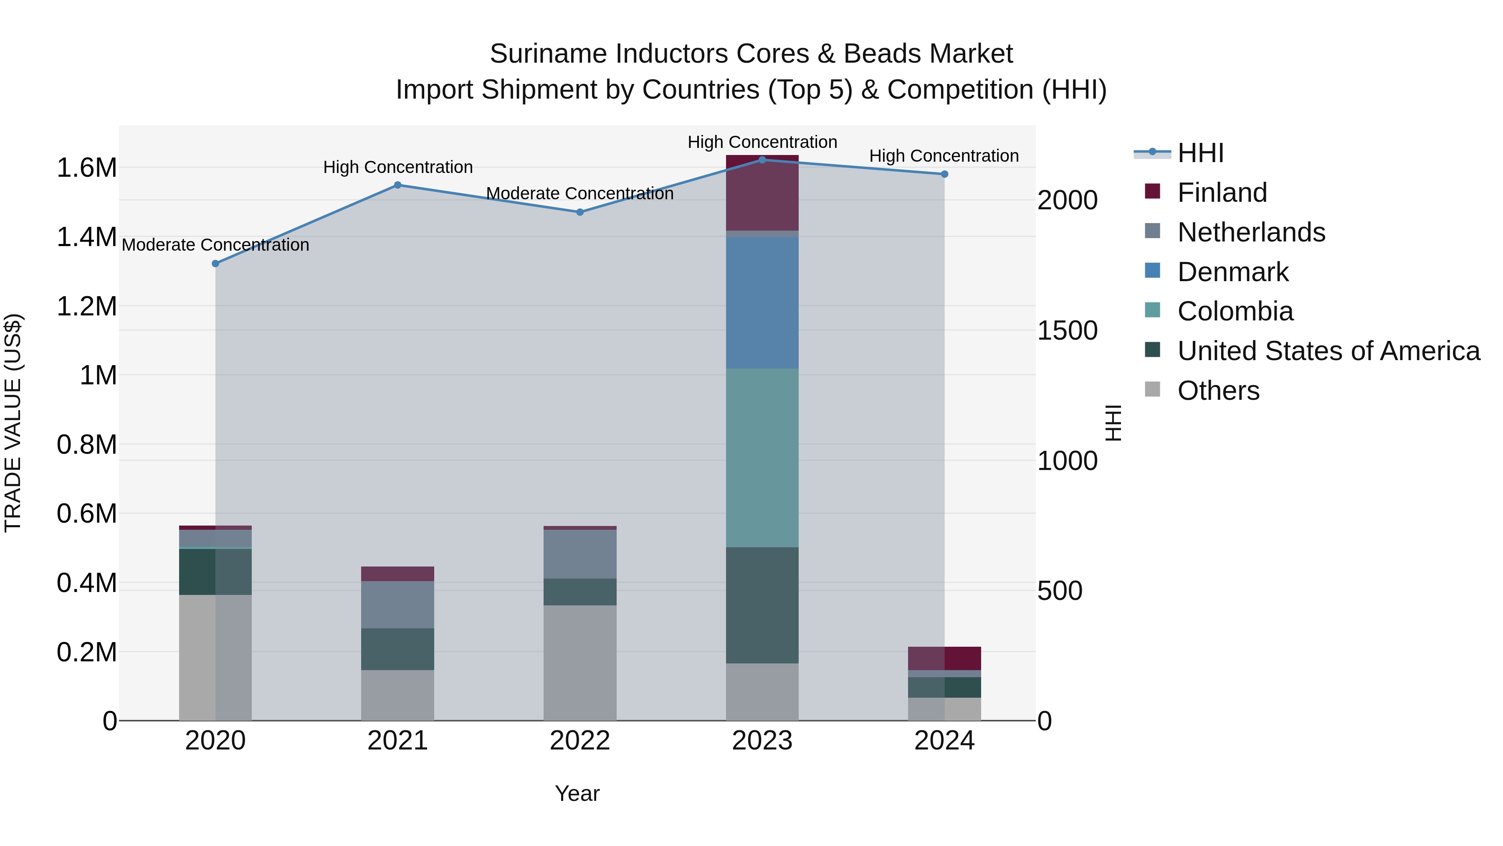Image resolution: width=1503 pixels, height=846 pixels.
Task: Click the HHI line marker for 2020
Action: tap(215, 263)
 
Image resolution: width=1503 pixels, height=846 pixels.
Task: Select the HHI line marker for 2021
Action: tap(397, 185)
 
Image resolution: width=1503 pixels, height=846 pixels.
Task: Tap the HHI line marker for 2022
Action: tap(580, 212)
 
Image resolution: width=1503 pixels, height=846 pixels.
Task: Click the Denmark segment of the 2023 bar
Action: tap(762, 302)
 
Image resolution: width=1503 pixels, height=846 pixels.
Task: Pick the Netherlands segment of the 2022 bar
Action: tap(580, 554)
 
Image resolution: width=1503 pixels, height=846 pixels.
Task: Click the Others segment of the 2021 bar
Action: tap(397, 695)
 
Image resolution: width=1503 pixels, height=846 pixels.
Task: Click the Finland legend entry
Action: tap(1222, 193)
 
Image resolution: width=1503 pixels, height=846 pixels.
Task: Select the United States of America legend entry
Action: tap(1328, 351)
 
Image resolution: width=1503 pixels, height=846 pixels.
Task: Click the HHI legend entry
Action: tap(1200, 153)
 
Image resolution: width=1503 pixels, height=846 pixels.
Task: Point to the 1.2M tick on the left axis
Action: tap(86, 306)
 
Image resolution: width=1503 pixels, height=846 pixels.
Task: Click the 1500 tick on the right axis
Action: tap(1067, 330)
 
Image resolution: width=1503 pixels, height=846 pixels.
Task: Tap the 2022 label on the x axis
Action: tap(580, 741)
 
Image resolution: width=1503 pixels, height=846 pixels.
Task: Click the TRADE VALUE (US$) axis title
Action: tap(13, 423)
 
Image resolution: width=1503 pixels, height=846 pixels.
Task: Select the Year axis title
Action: tap(577, 793)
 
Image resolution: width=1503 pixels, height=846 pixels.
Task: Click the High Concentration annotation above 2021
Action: tap(398, 167)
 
